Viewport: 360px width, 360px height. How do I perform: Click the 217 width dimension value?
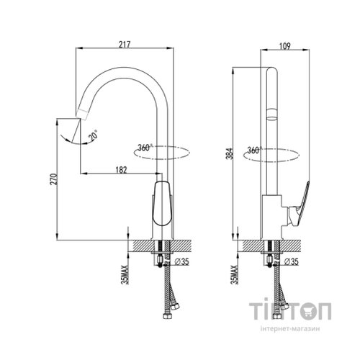click(125, 45)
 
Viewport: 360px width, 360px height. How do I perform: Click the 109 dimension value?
click(285, 46)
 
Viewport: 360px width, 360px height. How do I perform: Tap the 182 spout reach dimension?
click(121, 170)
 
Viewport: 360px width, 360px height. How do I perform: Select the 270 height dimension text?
click(53, 179)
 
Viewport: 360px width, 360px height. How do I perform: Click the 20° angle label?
click(93, 135)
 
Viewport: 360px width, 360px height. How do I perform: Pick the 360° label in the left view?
click(145, 148)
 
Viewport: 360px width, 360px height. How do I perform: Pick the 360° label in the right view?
click(255, 150)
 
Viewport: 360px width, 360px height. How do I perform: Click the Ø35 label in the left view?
click(182, 261)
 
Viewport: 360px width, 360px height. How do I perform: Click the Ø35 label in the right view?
click(292, 261)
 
